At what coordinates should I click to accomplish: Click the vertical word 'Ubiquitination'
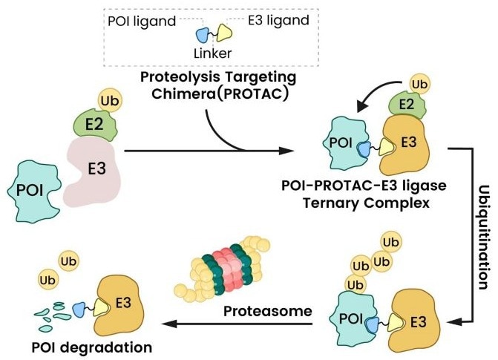coord(481,230)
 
